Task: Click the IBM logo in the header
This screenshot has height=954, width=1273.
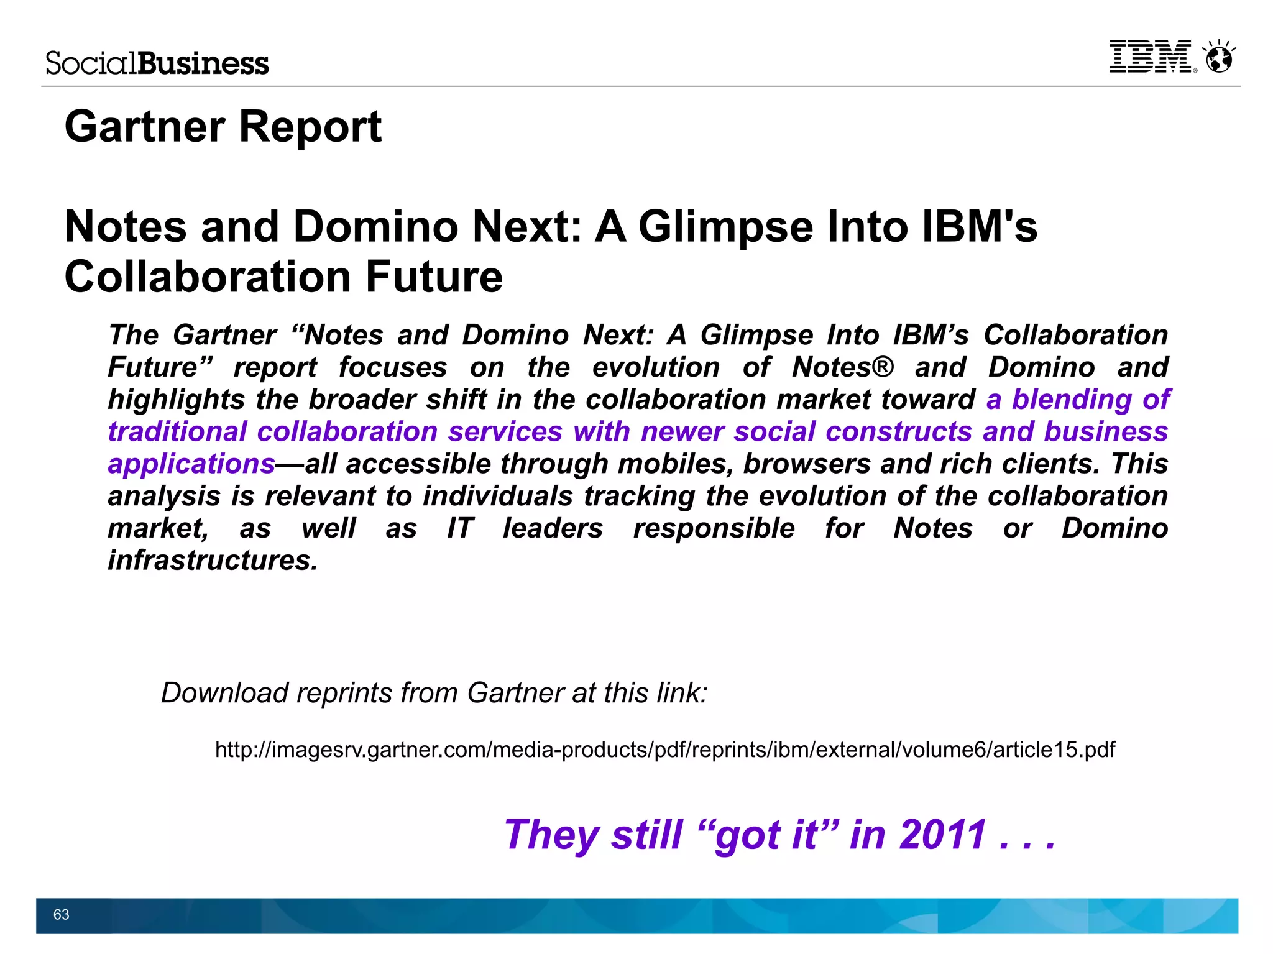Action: (1150, 57)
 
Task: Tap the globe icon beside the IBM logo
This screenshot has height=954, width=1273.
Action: (1218, 58)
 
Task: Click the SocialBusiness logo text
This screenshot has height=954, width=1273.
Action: (157, 63)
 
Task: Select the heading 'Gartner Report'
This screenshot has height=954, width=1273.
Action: (223, 127)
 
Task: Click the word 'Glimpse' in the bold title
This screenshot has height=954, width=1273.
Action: (725, 226)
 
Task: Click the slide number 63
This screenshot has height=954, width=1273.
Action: (61, 914)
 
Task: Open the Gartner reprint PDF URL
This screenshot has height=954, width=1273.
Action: (665, 750)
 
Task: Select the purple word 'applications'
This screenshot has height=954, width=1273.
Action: (191, 464)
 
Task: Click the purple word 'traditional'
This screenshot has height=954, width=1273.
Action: (177, 432)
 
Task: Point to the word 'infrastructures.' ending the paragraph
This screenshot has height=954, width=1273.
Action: (213, 561)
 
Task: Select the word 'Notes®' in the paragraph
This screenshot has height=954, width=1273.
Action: (842, 367)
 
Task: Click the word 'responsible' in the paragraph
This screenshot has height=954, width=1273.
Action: (714, 528)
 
